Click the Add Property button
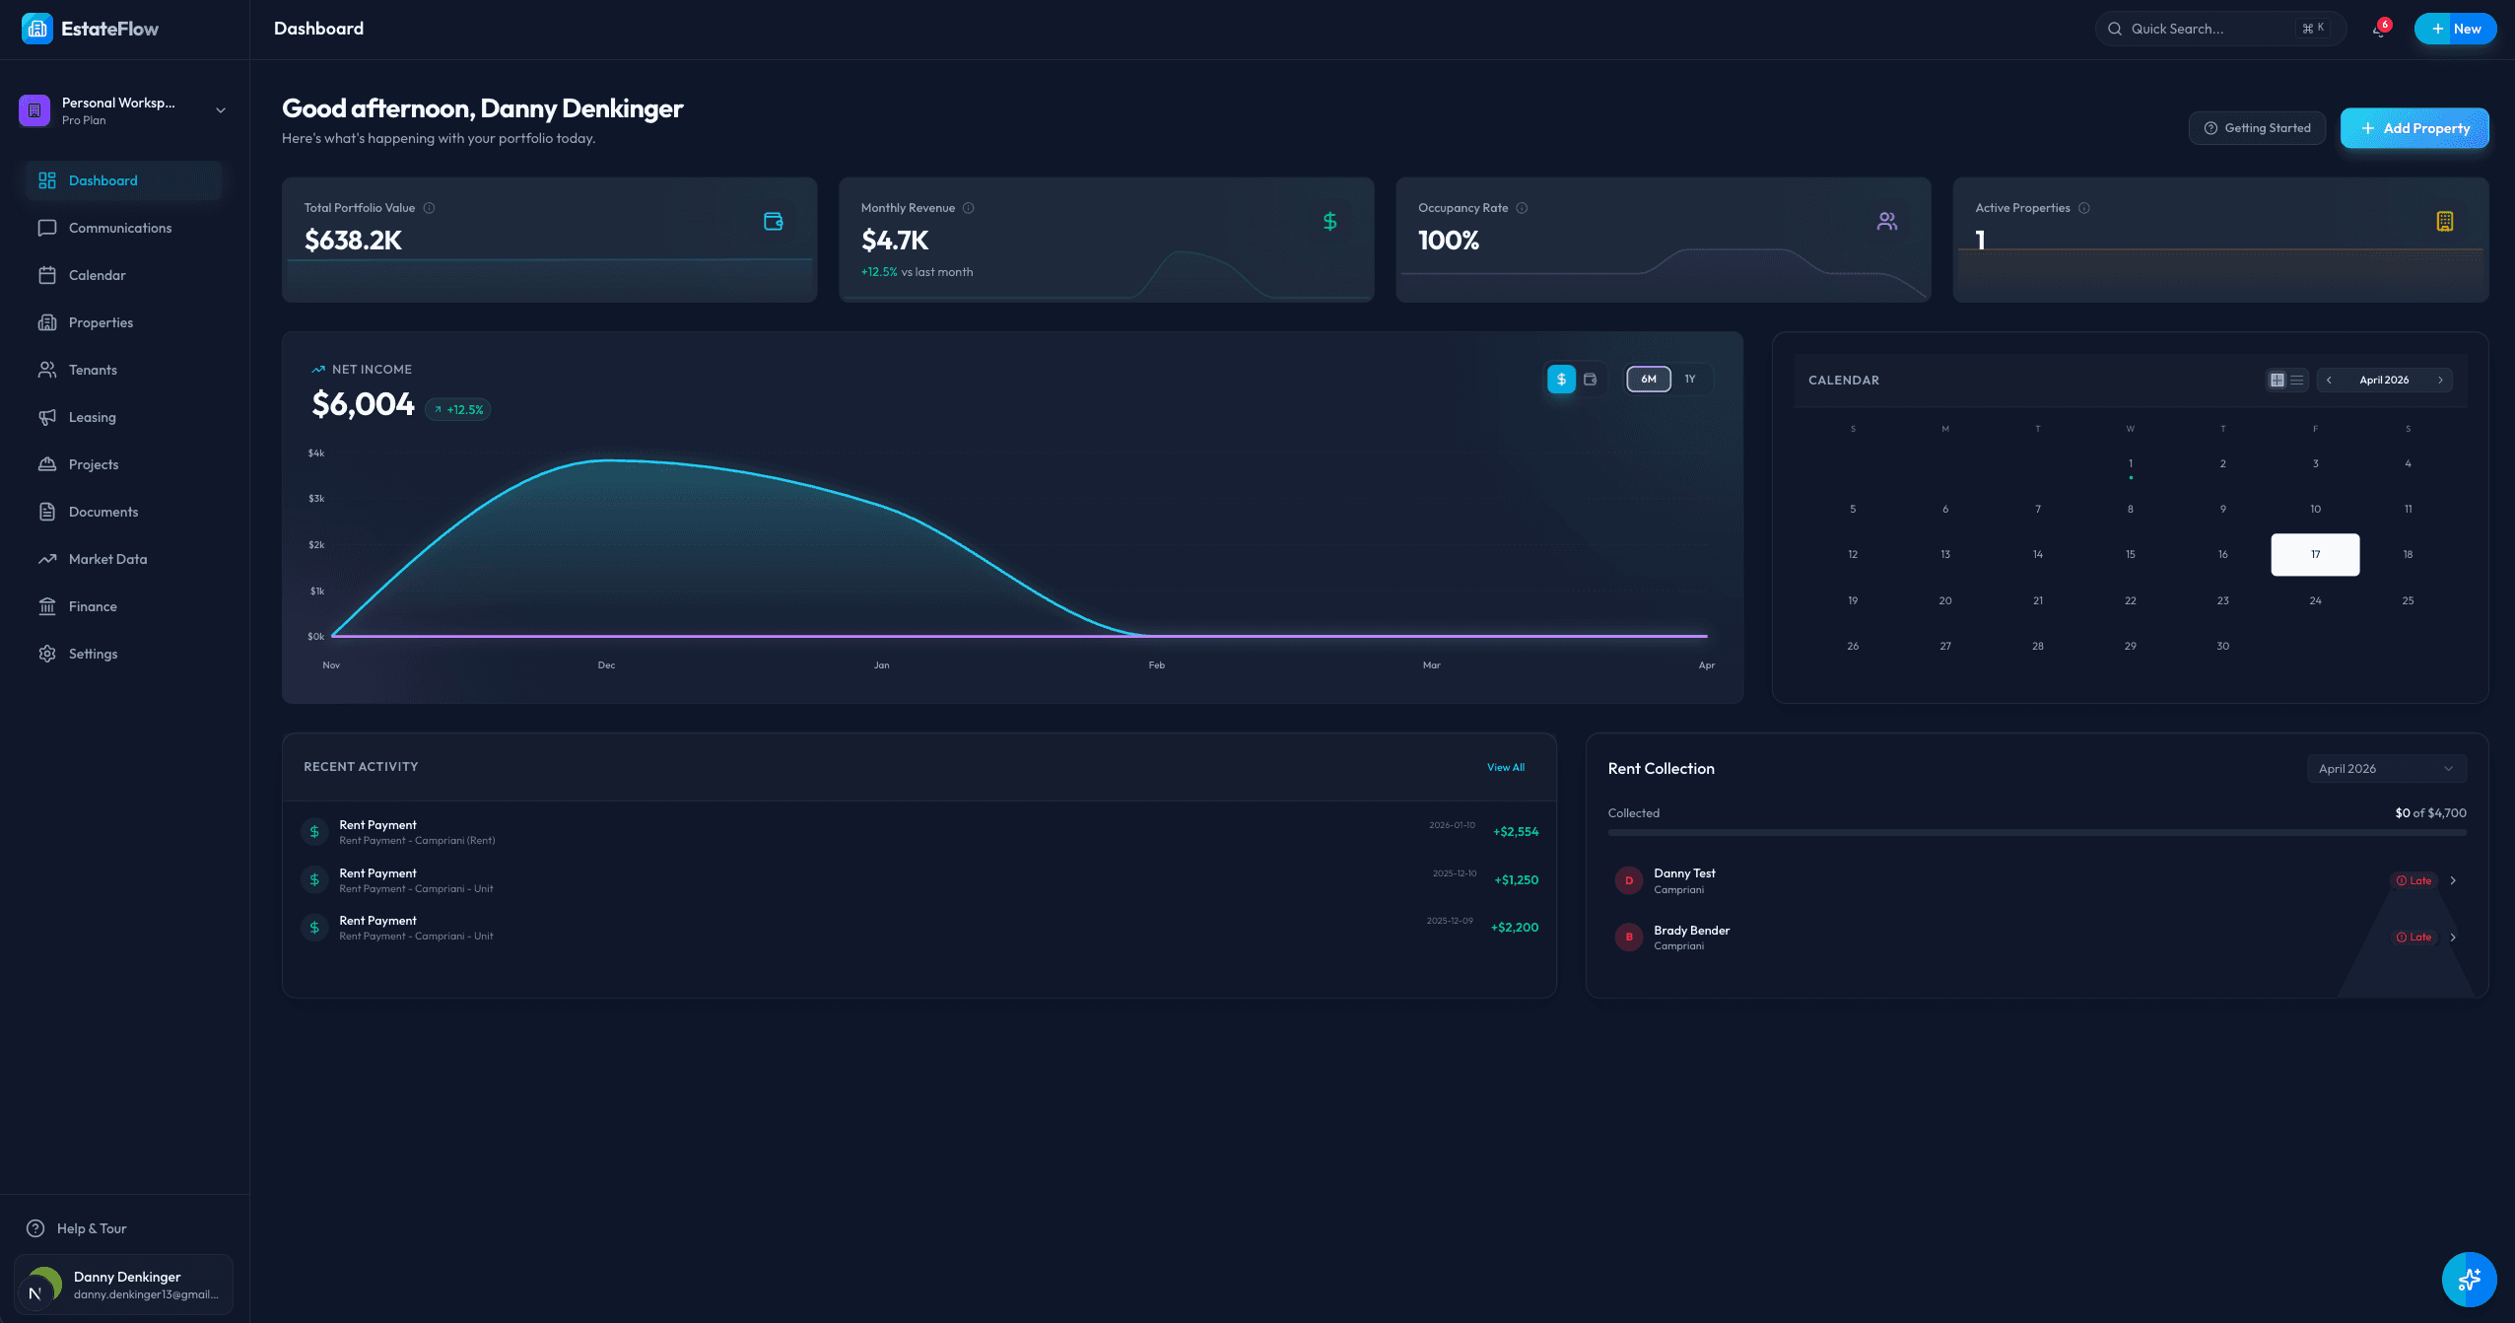tap(2413, 128)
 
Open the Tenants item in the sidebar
tap(93, 370)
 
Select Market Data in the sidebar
tap(107, 559)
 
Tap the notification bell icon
tap(2379, 30)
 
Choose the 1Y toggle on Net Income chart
tap(1690, 380)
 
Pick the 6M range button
tap(1649, 380)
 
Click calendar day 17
tap(2315, 555)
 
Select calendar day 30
tap(2222, 647)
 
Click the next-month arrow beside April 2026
tap(2440, 381)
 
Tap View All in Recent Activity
tap(1505, 767)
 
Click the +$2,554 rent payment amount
tap(1516, 832)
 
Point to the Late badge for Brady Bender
tap(2413, 938)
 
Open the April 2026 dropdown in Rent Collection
tap(2386, 769)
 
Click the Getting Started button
tap(2257, 128)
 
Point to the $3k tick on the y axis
tap(316, 499)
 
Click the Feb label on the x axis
tap(1156, 665)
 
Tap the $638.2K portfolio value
tap(353, 241)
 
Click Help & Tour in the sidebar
tap(91, 1228)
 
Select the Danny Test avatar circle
tap(1628, 880)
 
